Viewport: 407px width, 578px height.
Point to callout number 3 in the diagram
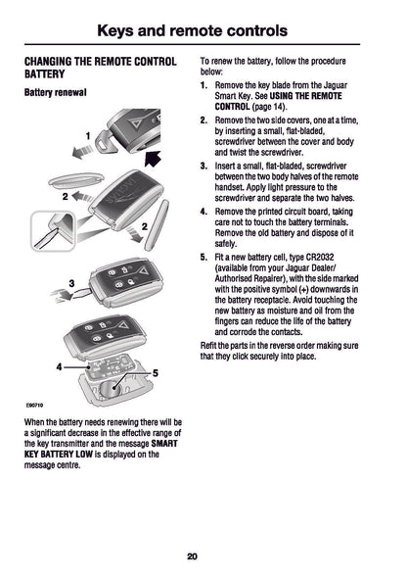click(x=71, y=283)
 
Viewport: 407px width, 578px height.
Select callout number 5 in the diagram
click(x=156, y=373)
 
